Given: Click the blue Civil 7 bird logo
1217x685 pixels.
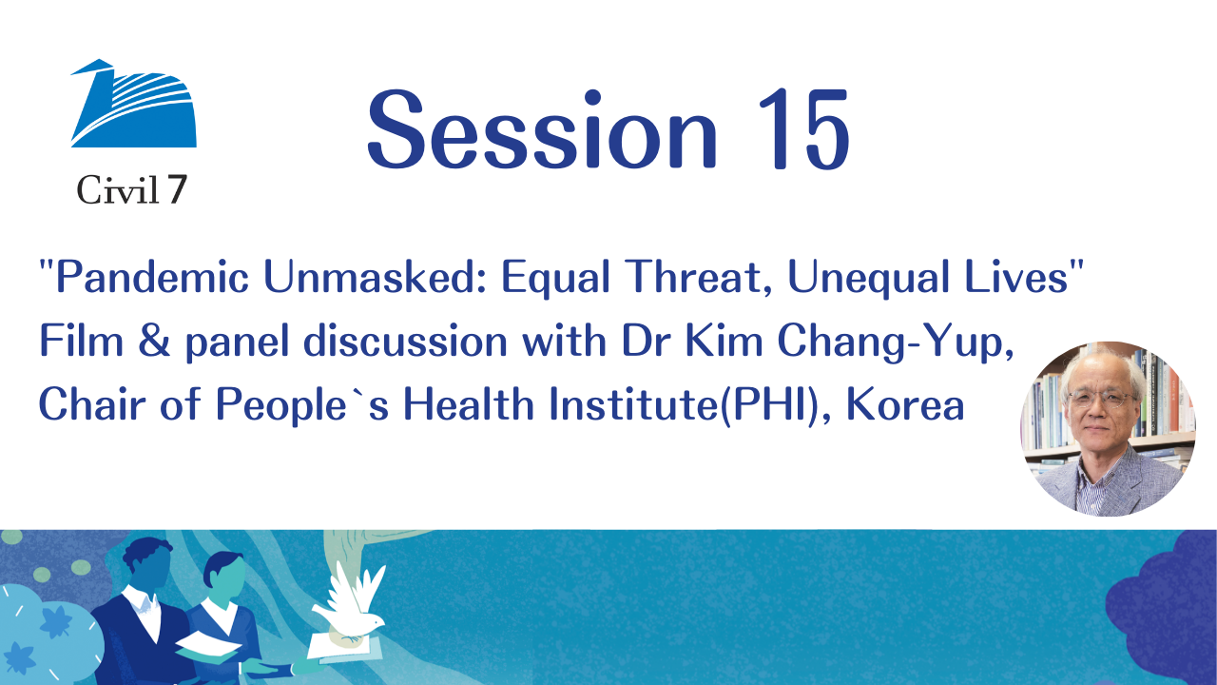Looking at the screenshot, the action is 134,104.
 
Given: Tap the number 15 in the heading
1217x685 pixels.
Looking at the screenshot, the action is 803,128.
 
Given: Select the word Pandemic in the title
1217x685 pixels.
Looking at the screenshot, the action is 152,277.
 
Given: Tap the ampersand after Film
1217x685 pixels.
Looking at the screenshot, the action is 154,341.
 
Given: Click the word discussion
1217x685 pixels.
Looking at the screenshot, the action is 405,341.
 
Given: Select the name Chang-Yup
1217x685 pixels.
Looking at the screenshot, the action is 896,342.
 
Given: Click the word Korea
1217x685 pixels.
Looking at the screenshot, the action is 905,404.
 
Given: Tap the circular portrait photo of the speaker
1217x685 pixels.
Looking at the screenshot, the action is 1109,429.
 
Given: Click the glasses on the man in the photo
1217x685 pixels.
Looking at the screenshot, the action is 1102,399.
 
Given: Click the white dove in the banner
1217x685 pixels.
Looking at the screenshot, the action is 352,602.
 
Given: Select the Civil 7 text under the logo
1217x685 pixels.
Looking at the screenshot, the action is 132,190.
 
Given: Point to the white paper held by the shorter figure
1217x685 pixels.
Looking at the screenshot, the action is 208,644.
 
